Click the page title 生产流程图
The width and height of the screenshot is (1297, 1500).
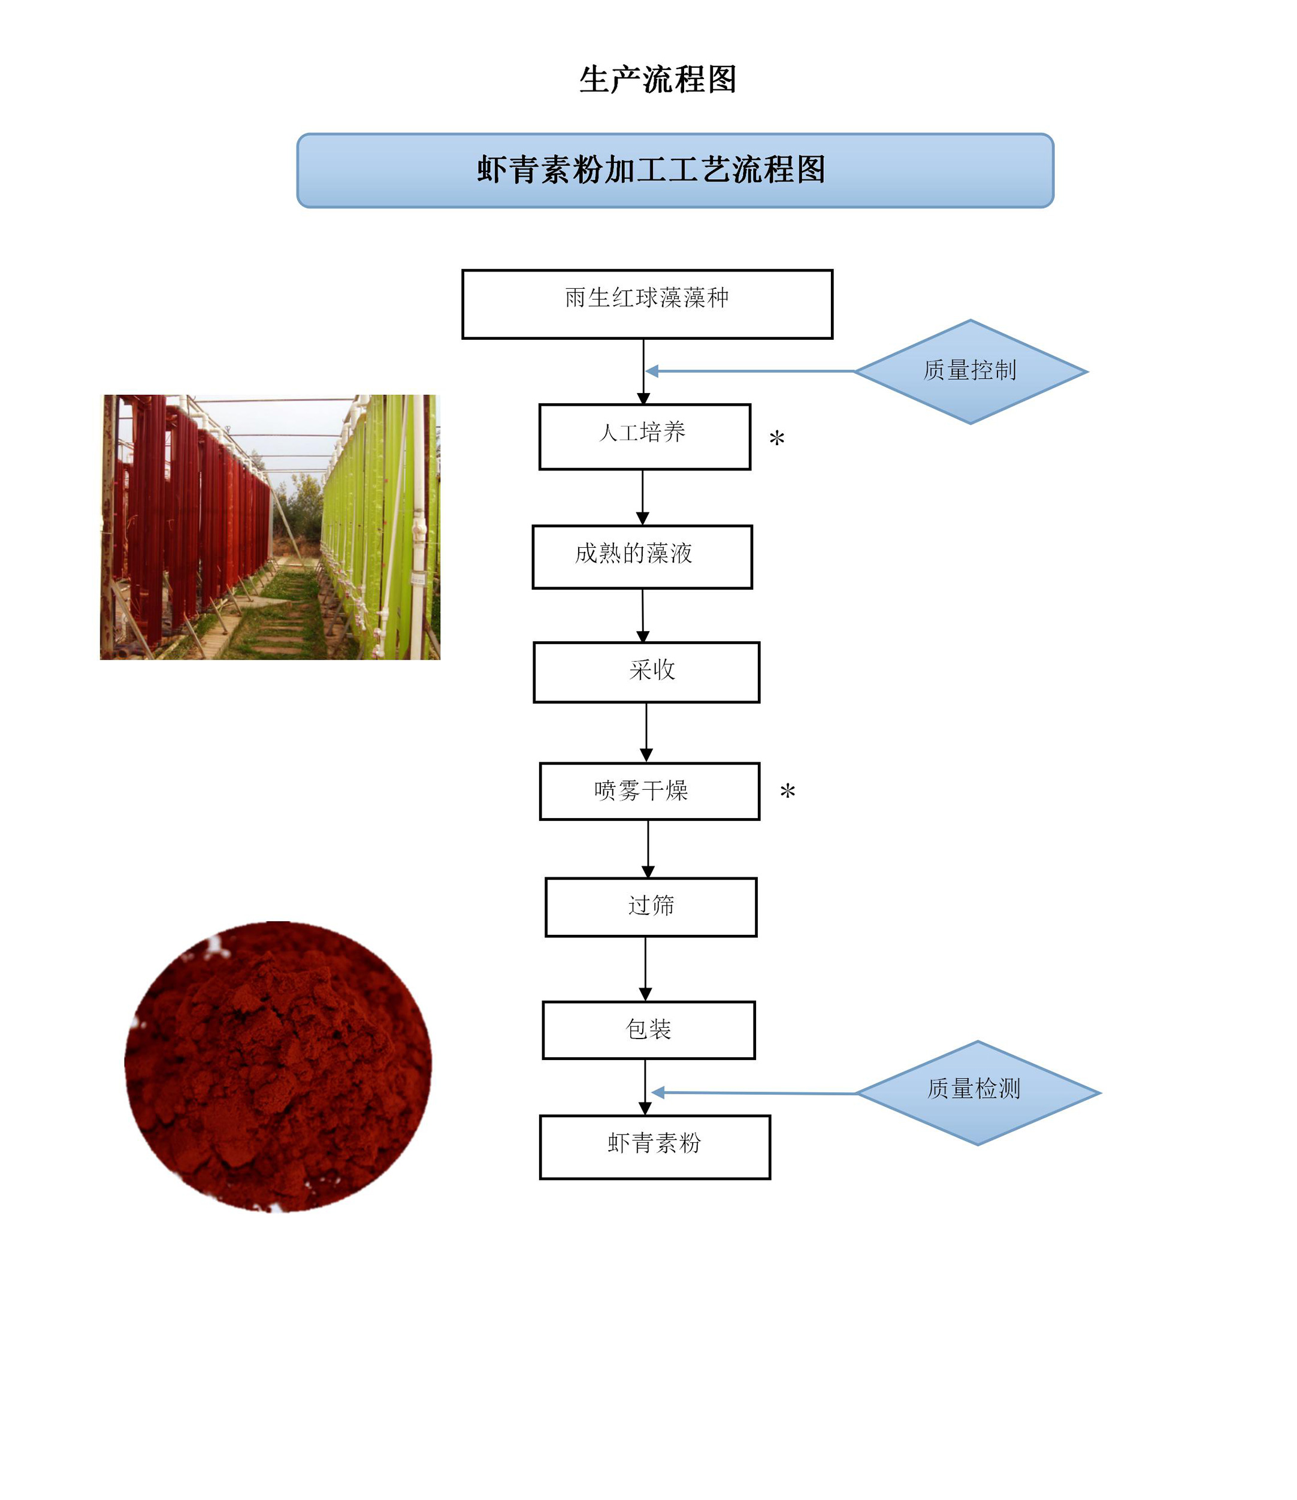tap(657, 80)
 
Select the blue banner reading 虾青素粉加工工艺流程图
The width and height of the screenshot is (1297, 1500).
tap(675, 171)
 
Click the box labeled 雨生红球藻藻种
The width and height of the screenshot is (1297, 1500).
tap(647, 304)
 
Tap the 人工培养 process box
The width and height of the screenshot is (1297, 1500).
tap(644, 436)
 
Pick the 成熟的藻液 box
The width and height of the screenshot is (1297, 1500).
tap(642, 557)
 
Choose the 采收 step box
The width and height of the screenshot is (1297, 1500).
tap(646, 672)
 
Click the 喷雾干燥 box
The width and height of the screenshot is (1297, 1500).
tap(649, 790)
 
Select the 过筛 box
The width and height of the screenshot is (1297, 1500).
tap(651, 907)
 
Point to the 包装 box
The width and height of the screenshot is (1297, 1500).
tap(648, 1030)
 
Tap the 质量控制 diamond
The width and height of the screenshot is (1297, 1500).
tap(970, 372)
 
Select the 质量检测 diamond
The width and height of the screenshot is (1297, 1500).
tap(977, 1092)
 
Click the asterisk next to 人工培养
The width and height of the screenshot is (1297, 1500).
tap(776, 439)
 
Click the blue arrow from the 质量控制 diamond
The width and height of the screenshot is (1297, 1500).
tap(749, 372)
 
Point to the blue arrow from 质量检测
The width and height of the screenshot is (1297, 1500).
tap(752, 1092)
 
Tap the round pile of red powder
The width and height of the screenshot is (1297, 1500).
tap(278, 1066)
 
